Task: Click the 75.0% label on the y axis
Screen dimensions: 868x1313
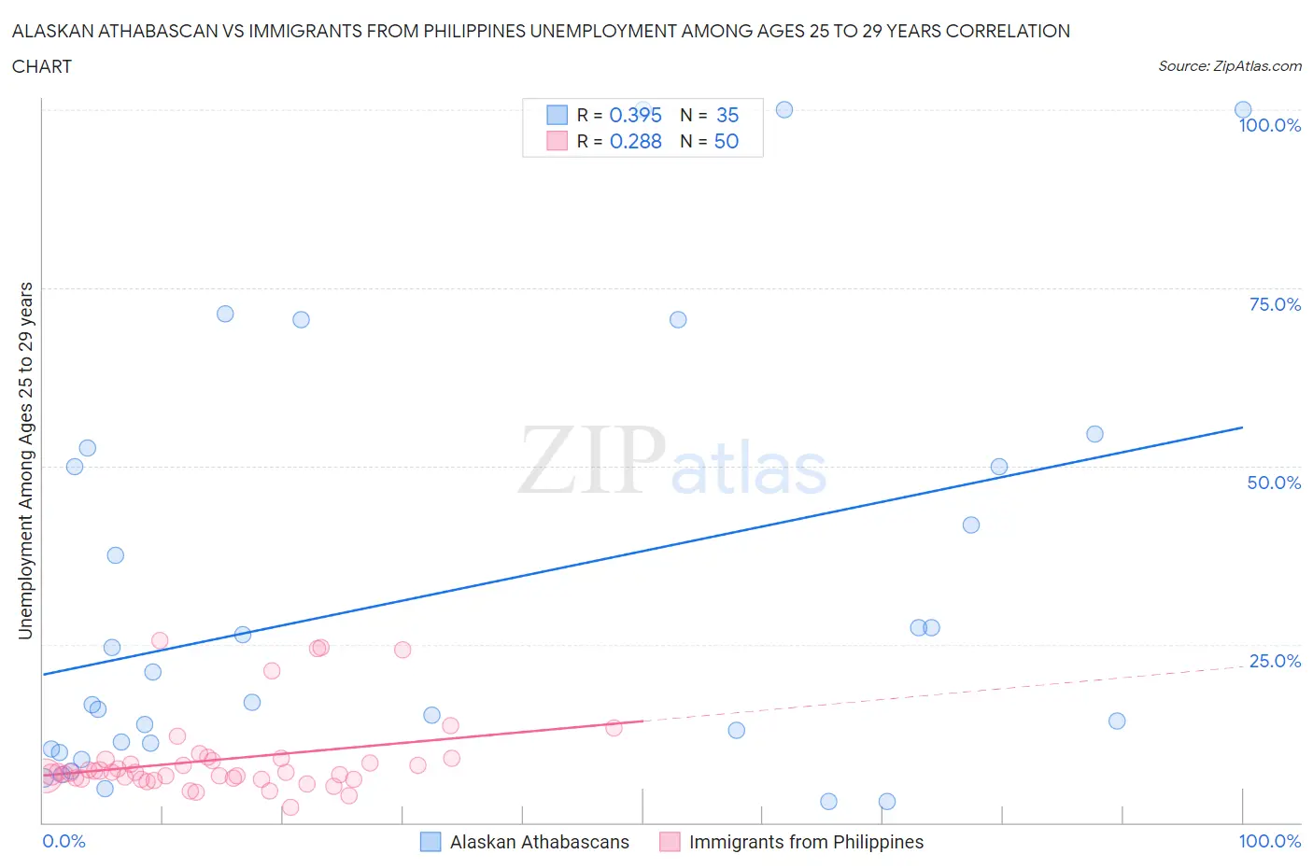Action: [x=1275, y=304]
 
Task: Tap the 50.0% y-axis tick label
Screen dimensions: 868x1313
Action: [x=1274, y=483]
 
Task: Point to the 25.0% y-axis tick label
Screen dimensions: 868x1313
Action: [x=1275, y=661]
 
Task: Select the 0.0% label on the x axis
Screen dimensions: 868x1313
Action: [x=64, y=841]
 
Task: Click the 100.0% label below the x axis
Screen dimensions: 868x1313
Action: [x=1269, y=841]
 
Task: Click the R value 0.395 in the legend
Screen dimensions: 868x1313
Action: [x=635, y=115]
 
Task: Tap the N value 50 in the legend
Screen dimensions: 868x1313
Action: [x=726, y=141]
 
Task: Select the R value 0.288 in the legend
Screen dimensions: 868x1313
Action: [x=635, y=141]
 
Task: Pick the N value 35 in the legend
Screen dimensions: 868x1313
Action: [x=727, y=115]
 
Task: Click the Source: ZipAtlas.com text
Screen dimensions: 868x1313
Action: [x=1229, y=66]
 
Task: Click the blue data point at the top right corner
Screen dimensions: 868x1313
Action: [x=1243, y=110]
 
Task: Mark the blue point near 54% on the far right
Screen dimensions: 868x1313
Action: [x=1094, y=434]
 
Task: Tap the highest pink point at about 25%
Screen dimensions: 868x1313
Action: [x=160, y=640]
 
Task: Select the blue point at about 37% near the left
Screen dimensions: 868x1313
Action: [x=116, y=555]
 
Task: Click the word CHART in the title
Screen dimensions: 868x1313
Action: [x=42, y=66]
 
